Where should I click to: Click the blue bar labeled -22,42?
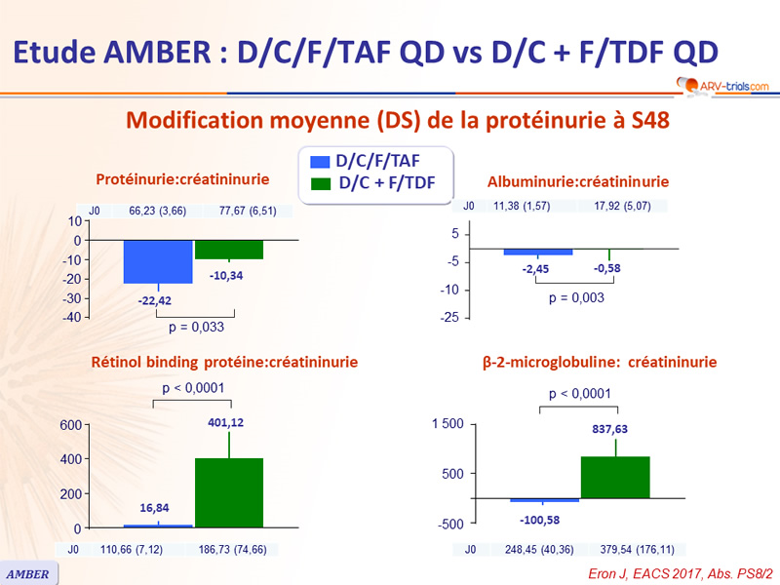click(x=157, y=261)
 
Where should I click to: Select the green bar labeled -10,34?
click(x=229, y=250)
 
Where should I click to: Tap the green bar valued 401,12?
click(x=229, y=492)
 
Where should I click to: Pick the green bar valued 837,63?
click(x=615, y=477)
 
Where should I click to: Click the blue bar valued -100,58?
click(x=545, y=500)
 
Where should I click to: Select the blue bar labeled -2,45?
click(x=537, y=253)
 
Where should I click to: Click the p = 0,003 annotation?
click(x=575, y=297)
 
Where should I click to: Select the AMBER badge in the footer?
click(x=29, y=573)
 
